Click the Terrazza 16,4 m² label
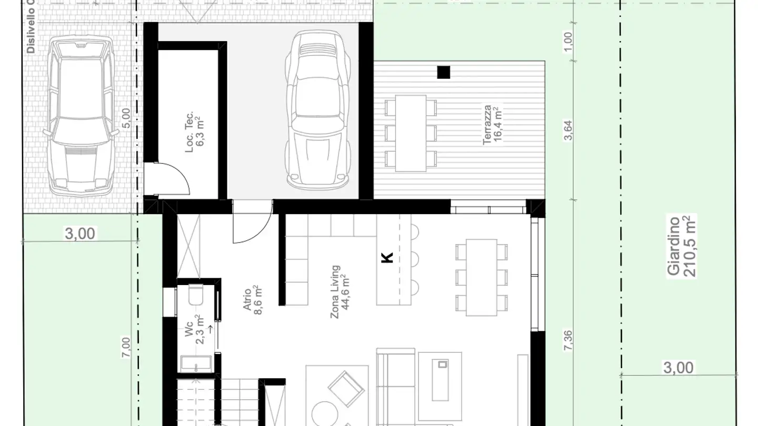(491, 124)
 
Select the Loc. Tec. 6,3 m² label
(193, 132)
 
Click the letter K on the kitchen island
(387, 258)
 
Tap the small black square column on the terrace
(444, 72)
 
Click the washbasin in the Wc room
(196, 363)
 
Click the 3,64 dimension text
(568, 130)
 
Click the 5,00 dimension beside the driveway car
(125, 118)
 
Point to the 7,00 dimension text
(125, 348)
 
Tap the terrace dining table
(410, 133)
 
